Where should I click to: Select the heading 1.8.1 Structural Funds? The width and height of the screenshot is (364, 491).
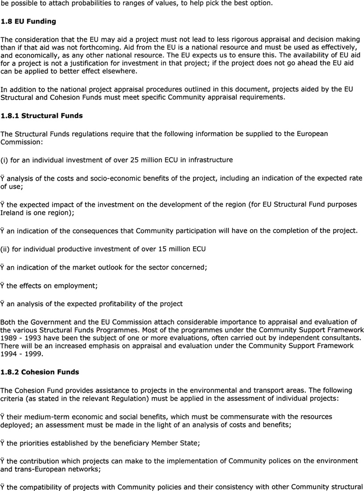click(x=41, y=116)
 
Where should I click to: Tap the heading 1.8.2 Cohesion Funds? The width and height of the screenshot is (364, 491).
click(x=40, y=372)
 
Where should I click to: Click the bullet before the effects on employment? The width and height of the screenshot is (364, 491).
click(x=3, y=285)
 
